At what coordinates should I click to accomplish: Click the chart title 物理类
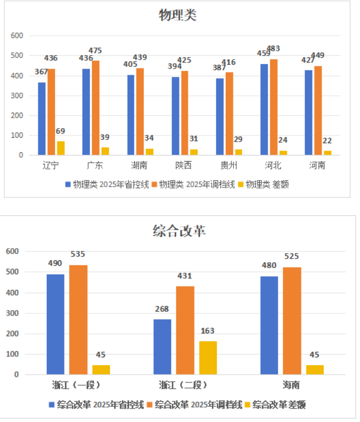point(178,15)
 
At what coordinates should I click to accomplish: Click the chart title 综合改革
point(179,231)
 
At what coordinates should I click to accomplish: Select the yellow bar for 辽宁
point(60,148)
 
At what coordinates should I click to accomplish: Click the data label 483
point(273,48)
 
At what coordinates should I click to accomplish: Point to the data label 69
point(60,132)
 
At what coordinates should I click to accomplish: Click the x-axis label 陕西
point(183,166)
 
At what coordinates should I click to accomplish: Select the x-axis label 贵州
point(228,166)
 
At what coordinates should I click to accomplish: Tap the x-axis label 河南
point(317,166)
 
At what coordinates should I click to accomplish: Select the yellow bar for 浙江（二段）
point(208,357)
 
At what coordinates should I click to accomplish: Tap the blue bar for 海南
point(269,325)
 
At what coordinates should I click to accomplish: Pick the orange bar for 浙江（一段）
point(79,319)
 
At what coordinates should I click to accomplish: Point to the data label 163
point(208,331)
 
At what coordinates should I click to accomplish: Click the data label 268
point(162,309)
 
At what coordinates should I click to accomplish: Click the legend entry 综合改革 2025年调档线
point(198,405)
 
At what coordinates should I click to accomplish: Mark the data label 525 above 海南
point(291,256)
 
